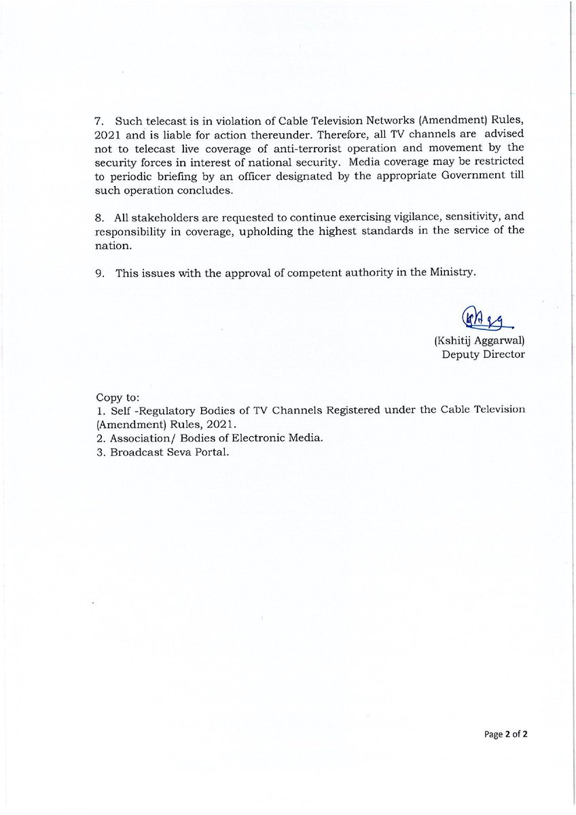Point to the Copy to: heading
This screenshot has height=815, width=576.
click(117, 395)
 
